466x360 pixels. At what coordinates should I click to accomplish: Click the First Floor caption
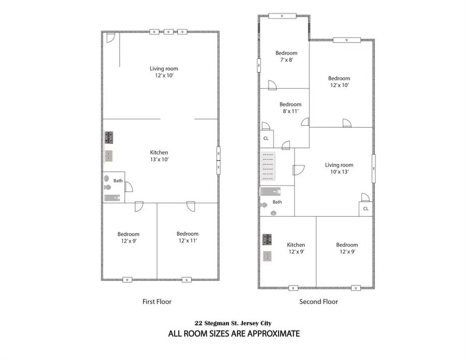156,301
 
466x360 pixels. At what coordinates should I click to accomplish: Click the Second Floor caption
318,301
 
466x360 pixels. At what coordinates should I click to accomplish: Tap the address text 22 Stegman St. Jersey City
234,323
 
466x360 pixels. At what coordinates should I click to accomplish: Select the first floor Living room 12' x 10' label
164,72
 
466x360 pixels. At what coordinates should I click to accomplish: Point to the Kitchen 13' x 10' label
159,156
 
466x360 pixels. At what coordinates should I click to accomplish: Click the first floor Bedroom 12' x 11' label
187,237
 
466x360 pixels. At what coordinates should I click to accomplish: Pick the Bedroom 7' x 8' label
286,56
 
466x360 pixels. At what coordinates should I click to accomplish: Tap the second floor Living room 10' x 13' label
339,168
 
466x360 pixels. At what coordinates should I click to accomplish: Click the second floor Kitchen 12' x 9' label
296,248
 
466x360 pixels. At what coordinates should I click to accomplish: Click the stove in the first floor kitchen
109,137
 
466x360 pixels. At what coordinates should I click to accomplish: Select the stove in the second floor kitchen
268,239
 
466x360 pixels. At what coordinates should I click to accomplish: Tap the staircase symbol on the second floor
268,164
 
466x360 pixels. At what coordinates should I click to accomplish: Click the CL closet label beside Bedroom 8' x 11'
266,138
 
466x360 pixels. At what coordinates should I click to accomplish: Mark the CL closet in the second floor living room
366,209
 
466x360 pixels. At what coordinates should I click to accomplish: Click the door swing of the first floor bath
129,187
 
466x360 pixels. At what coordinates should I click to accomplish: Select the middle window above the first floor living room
168,32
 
